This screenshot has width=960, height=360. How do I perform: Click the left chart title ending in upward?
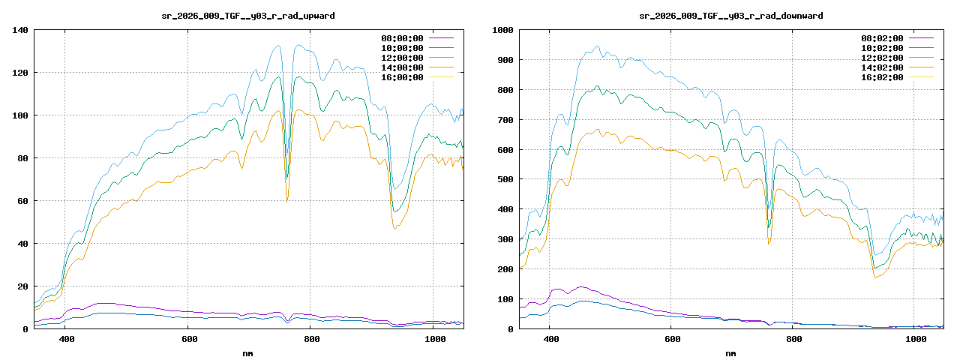coord(248,15)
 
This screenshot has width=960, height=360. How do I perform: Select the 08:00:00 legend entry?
coord(402,38)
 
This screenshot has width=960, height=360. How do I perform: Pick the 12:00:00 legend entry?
coord(402,58)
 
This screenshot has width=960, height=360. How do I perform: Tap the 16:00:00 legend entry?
coord(402,77)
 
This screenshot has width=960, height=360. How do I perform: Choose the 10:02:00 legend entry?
coord(882,48)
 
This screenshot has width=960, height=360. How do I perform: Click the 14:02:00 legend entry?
coord(882,67)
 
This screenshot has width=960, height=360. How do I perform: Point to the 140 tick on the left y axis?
coord(20,30)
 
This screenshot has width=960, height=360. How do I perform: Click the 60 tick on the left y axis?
coord(22,201)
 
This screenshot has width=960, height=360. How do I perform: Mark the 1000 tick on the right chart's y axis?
coord(502,30)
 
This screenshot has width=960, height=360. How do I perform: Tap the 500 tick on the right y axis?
coord(505,179)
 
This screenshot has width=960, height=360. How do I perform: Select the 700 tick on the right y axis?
coord(505,120)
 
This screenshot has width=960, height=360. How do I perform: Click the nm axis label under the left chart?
coord(248,352)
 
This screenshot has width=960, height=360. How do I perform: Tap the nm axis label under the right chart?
coord(730,352)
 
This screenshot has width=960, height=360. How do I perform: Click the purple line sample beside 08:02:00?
coord(921,38)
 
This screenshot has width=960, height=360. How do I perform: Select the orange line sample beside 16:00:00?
coord(441,77)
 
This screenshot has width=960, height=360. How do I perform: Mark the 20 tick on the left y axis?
coord(22,286)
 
